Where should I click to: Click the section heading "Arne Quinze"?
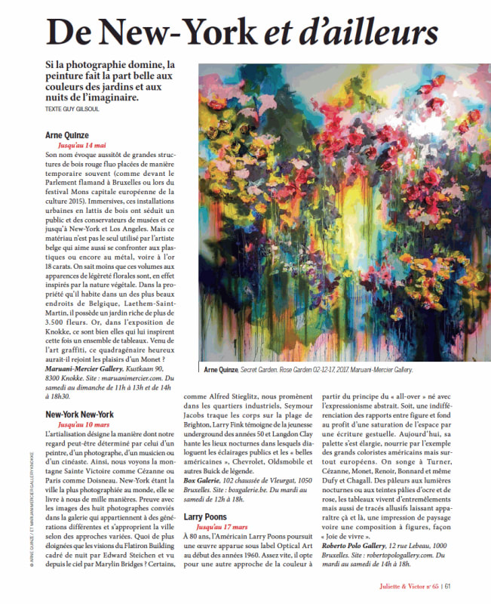click(68, 134)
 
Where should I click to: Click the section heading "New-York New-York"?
click(79, 414)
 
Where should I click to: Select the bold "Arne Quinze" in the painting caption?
click(219, 370)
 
